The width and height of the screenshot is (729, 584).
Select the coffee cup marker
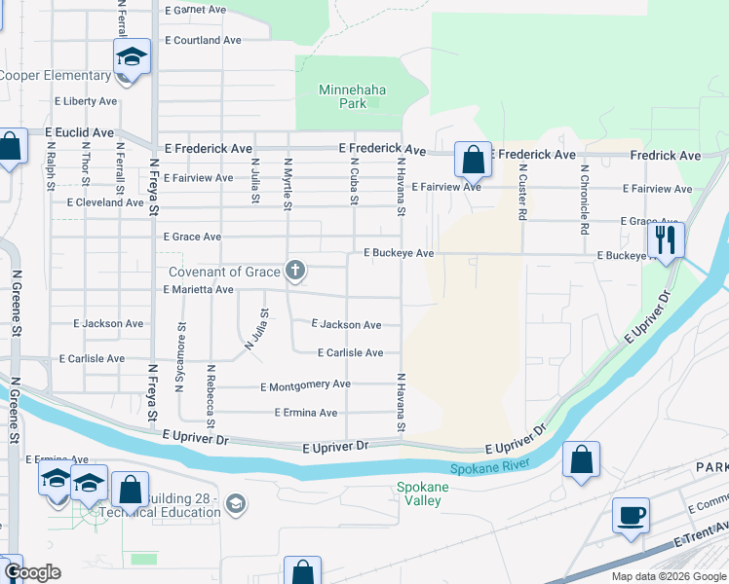pyautogui.click(x=631, y=514)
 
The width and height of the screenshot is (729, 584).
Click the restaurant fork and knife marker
pyautogui.click(x=667, y=238)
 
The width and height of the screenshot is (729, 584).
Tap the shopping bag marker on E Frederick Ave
pyautogui.click(x=473, y=158)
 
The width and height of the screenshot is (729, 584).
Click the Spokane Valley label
pyautogui.click(x=422, y=493)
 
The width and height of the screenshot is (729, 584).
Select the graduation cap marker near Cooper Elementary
pyautogui.click(x=132, y=55)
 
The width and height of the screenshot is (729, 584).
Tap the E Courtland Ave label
pyautogui.click(x=203, y=41)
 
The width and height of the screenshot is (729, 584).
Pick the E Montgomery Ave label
pyautogui.click(x=305, y=385)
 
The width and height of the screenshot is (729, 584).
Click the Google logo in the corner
pyautogui.click(x=32, y=572)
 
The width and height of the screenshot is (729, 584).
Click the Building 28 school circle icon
pyautogui.click(x=235, y=503)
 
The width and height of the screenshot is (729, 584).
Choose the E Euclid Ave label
pyautogui.click(x=79, y=132)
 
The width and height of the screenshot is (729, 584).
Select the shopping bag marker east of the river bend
pyautogui.click(x=581, y=460)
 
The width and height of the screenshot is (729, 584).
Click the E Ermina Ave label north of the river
pyautogui.click(x=305, y=413)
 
